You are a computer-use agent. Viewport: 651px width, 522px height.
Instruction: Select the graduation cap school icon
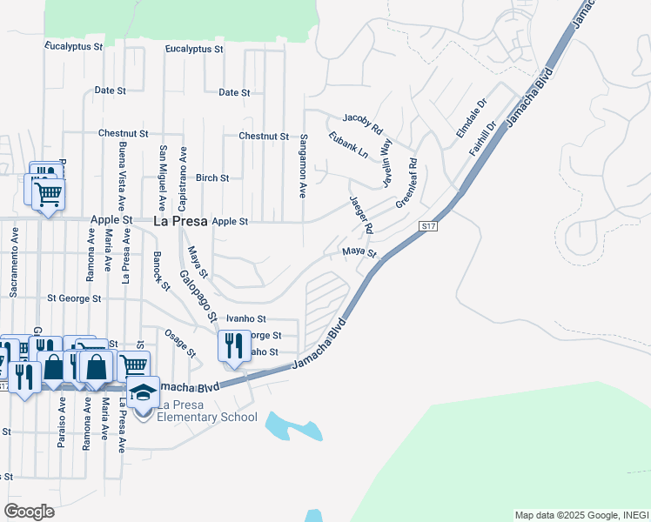[x=144, y=393]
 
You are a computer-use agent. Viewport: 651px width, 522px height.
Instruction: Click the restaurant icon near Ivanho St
[x=233, y=347]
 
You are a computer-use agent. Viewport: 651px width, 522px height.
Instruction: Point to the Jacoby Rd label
[x=363, y=123]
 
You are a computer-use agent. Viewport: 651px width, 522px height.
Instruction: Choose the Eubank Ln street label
[x=349, y=144]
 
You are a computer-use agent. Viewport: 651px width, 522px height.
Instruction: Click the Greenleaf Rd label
[x=407, y=182]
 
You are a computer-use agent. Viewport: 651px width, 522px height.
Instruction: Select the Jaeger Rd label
[x=361, y=214]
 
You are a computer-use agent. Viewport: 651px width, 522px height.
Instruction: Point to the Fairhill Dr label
[x=482, y=138]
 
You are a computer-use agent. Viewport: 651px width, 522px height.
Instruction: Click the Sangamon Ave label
[x=304, y=165]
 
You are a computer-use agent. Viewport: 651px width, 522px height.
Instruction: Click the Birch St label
[x=212, y=177]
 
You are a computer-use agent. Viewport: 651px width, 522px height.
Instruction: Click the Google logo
[x=29, y=511]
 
